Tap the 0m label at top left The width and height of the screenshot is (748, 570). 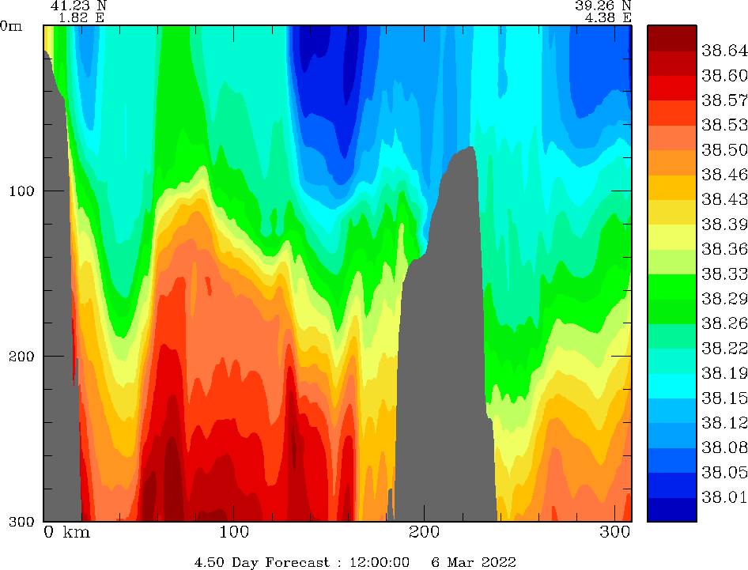(x=12, y=26)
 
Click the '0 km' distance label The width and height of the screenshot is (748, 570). (x=66, y=532)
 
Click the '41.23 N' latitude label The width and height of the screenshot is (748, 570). (x=78, y=6)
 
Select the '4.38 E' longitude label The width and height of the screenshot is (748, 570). (x=604, y=17)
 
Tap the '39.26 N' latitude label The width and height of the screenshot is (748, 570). (x=604, y=6)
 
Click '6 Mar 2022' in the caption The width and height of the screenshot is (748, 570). (x=473, y=562)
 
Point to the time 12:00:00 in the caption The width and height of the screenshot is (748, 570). (x=377, y=562)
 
